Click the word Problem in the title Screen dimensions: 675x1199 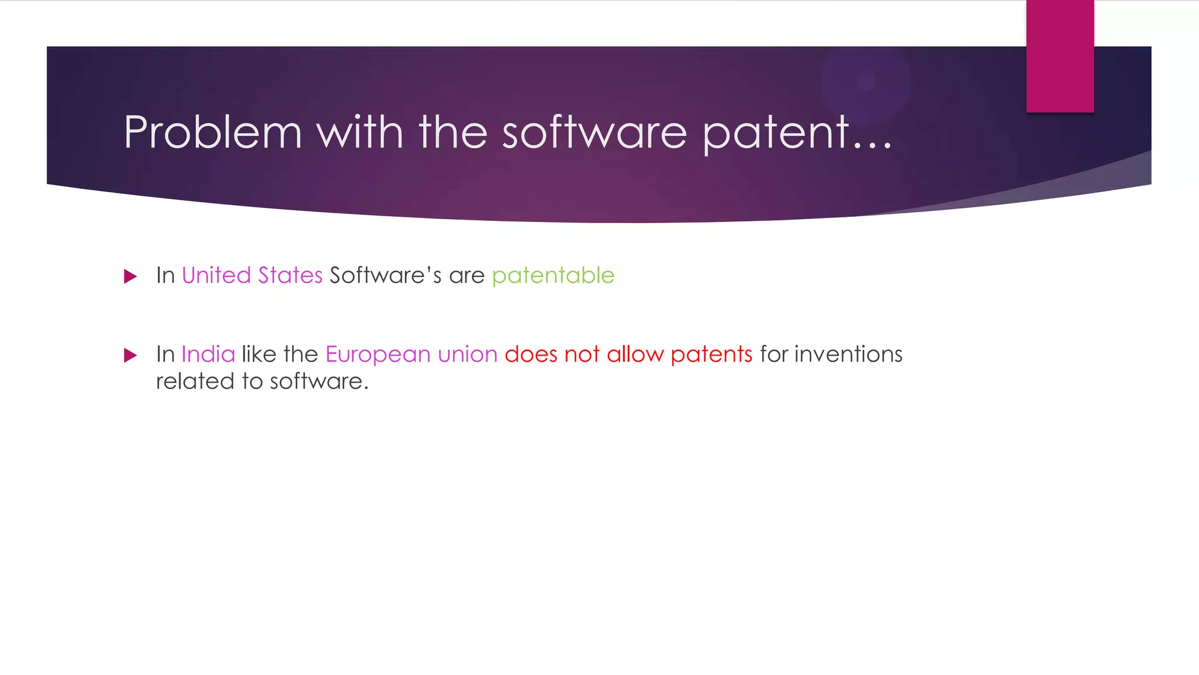point(213,132)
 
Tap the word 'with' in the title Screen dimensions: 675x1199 point(359,132)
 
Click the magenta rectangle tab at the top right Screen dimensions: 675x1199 point(1060,56)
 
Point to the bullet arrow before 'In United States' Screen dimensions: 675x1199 point(131,276)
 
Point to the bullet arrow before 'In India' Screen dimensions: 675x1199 point(131,355)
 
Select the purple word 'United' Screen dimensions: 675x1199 point(216,275)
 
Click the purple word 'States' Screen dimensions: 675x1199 point(290,275)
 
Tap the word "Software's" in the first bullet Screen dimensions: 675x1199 point(385,275)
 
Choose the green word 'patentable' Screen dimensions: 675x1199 point(553,275)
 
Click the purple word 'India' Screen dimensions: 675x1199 point(208,354)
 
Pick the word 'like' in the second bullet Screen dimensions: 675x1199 point(259,354)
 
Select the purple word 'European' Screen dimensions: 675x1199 point(378,355)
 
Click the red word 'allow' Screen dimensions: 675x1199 point(635,354)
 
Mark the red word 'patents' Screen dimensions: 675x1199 point(711,355)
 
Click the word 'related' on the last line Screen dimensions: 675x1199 point(195,381)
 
